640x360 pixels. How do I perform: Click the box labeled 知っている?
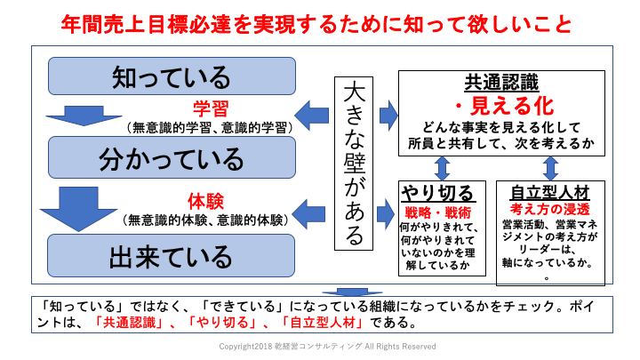pyautogui.click(x=171, y=76)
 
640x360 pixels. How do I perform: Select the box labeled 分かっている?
pyautogui.click(x=171, y=160)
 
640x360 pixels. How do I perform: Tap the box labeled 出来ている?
pyautogui.click(x=171, y=256)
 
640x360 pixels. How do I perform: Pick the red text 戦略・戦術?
pyautogui.click(x=438, y=213)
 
